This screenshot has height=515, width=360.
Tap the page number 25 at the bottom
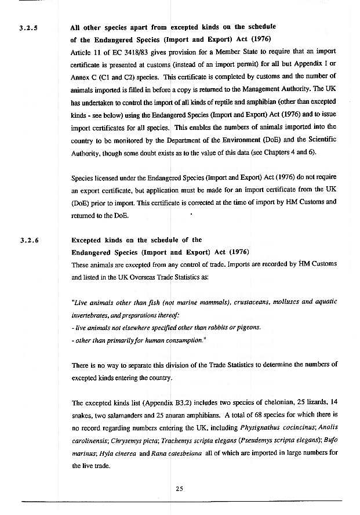click(180, 488)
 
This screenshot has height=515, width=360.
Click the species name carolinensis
click(90, 439)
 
